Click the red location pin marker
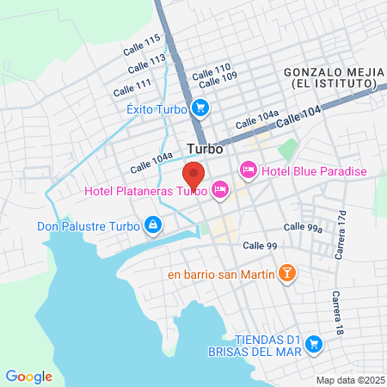coord(193,175)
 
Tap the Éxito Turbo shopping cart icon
coord(200,108)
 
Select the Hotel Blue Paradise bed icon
coord(249,170)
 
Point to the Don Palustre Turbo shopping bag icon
coord(152,226)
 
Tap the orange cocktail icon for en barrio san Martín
coord(286,274)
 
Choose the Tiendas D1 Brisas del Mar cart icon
coord(314,343)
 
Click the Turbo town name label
coord(205,148)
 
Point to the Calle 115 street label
coord(143,42)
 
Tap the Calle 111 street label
coord(132,86)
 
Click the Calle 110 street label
coord(212,69)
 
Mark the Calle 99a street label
coord(302,228)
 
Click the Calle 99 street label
coord(259,246)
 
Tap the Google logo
coord(28,376)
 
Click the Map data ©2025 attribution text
coord(350,379)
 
